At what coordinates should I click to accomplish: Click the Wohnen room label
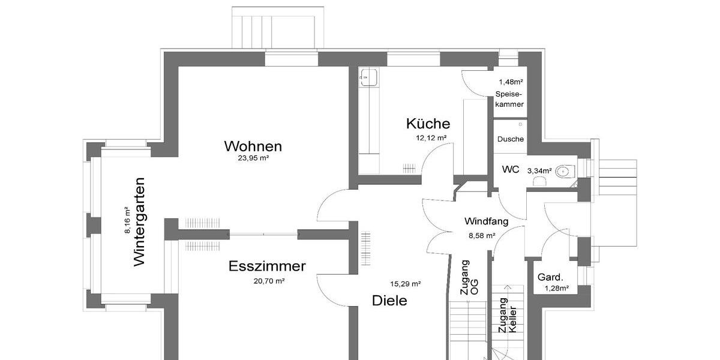[x=253, y=146]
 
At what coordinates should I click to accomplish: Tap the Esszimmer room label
[x=267, y=266]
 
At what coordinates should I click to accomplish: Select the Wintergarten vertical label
[x=139, y=221]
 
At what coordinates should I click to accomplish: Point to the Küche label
[x=428, y=124]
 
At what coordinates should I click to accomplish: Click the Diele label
[x=389, y=301]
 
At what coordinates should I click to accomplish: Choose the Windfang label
[x=487, y=221]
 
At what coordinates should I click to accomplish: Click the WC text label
[x=511, y=170]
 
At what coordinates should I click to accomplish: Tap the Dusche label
[x=511, y=139]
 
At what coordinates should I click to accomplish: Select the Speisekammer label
[x=509, y=99]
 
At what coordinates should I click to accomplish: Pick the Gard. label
[x=550, y=277]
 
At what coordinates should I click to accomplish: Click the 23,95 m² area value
[x=253, y=159]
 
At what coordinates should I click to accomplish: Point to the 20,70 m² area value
[x=268, y=280]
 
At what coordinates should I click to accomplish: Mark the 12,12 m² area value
[x=431, y=138]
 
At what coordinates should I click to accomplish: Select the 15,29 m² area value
[x=406, y=283]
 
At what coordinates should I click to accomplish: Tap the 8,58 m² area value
[x=482, y=236]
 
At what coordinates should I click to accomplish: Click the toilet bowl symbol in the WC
[x=563, y=172]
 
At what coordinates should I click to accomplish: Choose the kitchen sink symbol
[x=368, y=76]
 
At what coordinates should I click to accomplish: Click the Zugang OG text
[x=469, y=277]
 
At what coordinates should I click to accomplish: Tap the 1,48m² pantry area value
[x=511, y=82]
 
